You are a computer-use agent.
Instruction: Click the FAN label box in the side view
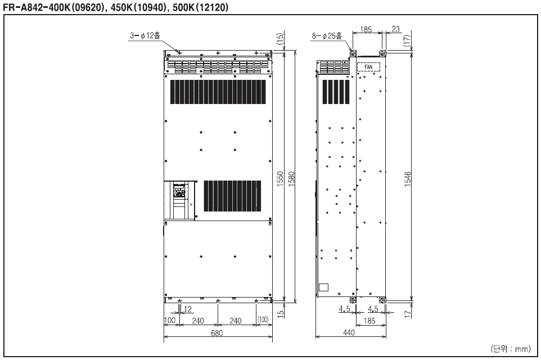(x=368, y=67)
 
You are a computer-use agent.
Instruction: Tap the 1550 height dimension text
(x=280, y=179)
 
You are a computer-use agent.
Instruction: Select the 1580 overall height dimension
(x=291, y=179)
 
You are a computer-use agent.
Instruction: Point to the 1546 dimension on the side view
(x=408, y=179)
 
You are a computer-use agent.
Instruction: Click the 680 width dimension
(x=217, y=333)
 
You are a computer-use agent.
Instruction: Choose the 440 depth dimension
(x=349, y=333)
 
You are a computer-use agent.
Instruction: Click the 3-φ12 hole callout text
(x=145, y=35)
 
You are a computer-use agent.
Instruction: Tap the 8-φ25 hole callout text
(x=327, y=35)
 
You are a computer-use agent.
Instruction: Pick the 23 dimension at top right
(x=396, y=29)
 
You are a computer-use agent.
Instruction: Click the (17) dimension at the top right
(x=408, y=40)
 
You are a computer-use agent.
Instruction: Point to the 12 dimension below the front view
(x=188, y=309)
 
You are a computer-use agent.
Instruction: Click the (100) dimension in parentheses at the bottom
(x=263, y=320)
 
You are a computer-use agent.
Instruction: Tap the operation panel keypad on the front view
(x=179, y=191)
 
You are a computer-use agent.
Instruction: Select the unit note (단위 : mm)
(x=511, y=349)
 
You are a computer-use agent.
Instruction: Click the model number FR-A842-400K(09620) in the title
(x=54, y=7)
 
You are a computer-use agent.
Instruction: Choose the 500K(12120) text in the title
(x=200, y=7)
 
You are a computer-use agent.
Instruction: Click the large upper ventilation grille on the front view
(x=218, y=92)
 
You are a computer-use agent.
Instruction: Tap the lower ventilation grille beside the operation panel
(x=232, y=196)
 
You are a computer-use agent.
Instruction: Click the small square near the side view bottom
(x=323, y=287)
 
